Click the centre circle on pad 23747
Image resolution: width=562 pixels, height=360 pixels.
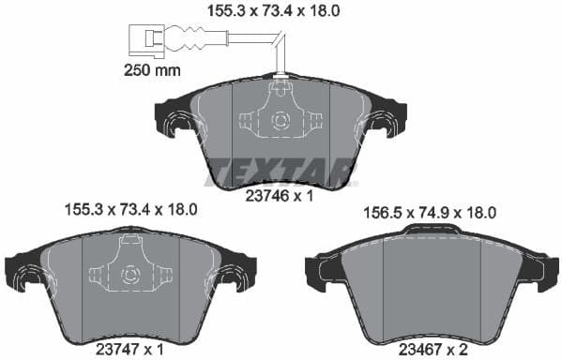[130, 275]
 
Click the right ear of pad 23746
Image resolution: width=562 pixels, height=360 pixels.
[387, 122]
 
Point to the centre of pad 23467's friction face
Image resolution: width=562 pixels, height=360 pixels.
[433, 281]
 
